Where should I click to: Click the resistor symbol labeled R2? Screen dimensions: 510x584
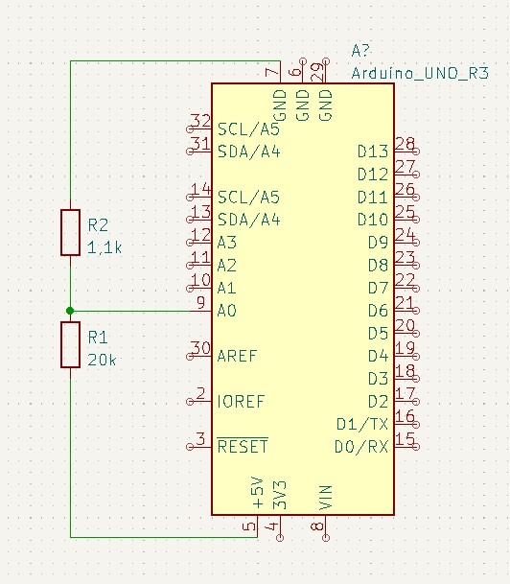(x=70, y=232)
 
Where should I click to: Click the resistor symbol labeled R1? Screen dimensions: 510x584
(x=70, y=345)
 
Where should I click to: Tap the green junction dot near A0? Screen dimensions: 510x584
(x=70, y=311)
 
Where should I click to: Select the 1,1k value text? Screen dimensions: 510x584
(x=104, y=247)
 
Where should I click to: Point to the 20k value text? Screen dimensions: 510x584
(x=102, y=360)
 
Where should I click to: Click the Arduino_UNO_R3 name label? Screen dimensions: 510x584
(x=420, y=74)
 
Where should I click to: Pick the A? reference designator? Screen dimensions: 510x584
(x=360, y=50)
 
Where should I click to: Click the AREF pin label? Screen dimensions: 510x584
(x=237, y=356)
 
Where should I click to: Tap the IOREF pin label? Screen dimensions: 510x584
(x=241, y=402)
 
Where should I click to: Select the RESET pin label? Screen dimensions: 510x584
(x=243, y=446)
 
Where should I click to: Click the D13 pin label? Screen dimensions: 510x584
(x=373, y=152)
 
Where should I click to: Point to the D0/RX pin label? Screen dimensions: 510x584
(x=361, y=447)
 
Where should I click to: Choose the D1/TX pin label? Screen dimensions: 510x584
(x=362, y=424)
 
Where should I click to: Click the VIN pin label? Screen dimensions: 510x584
(x=325, y=498)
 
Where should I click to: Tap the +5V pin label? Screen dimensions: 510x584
(x=258, y=492)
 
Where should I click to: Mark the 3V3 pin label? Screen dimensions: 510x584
(x=280, y=495)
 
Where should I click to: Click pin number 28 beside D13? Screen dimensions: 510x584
(x=405, y=144)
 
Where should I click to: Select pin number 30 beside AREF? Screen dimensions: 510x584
(x=200, y=348)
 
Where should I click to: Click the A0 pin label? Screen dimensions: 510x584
(x=226, y=311)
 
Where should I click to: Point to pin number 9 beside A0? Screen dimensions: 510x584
(x=200, y=302)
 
